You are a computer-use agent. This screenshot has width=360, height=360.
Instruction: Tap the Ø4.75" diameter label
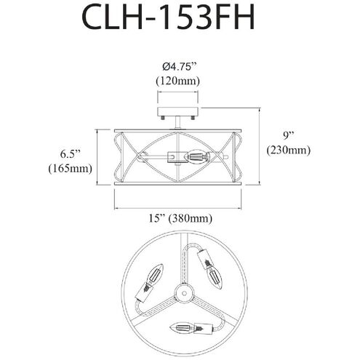[178, 67]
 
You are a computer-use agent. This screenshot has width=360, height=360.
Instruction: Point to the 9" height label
[288, 136]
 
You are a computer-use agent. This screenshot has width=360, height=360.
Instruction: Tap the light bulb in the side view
[199, 155]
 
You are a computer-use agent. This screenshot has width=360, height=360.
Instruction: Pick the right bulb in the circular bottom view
[213, 274]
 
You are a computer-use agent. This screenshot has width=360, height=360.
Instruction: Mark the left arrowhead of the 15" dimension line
[117, 207]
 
